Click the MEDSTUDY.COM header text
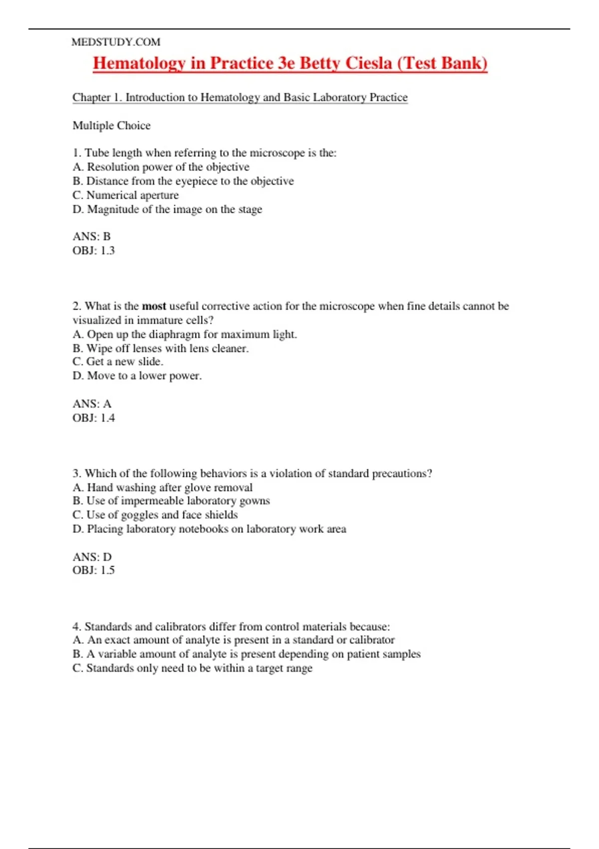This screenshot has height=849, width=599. [x=116, y=42]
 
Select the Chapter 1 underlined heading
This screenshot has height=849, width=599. [x=240, y=97]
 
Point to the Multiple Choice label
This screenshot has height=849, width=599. [x=111, y=125]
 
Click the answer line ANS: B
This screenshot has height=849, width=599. [x=91, y=236]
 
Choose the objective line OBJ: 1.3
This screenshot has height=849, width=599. [x=93, y=250]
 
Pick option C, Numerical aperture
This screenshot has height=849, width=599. [x=125, y=195]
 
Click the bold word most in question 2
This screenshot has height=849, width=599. [x=154, y=306]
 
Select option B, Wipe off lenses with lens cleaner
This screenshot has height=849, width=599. [x=160, y=348]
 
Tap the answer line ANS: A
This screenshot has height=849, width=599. [x=92, y=404]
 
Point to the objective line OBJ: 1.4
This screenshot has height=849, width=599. [x=93, y=418]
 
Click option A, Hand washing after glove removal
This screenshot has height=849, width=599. [x=162, y=487]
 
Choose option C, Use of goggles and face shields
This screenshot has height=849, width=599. [x=155, y=515]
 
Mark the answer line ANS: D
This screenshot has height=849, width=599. [x=92, y=556]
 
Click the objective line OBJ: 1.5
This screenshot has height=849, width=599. [x=93, y=570]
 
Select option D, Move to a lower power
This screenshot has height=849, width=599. [x=137, y=376]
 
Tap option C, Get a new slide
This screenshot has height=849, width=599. [x=118, y=362]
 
